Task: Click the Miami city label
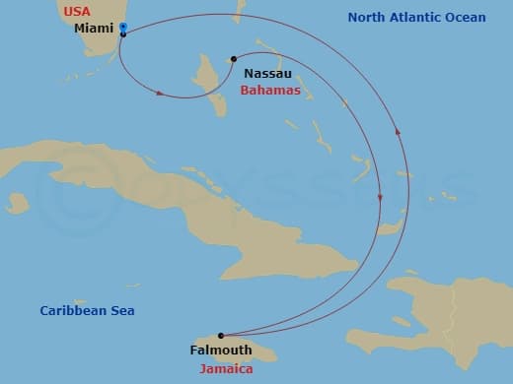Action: [x=94, y=29]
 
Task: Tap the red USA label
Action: [x=76, y=12]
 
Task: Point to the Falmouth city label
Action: [x=220, y=350]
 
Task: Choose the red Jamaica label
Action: [x=226, y=368]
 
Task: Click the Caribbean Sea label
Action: [x=87, y=311]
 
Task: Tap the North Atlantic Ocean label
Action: [x=416, y=18]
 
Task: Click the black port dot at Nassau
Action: [x=233, y=59]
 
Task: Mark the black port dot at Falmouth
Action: [x=220, y=336]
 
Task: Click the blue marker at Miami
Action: [x=122, y=27]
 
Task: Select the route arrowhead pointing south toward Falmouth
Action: [x=380, y=200]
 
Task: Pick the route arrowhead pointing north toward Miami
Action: [x=398, y=129]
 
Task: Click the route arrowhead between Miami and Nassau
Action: [x=160, y=94]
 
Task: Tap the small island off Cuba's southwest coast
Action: [x=17, y=203]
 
